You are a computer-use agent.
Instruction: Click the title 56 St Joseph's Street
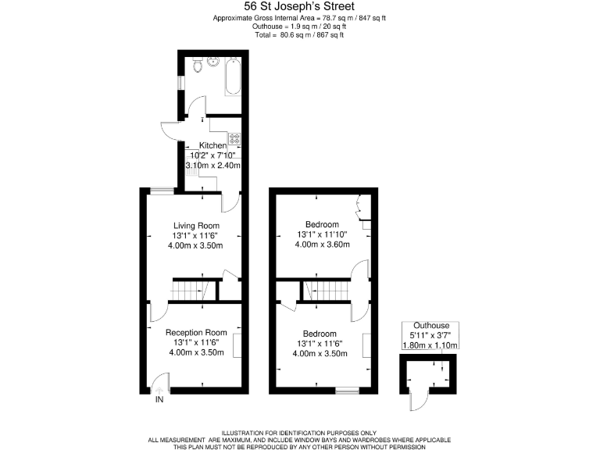point(299,6)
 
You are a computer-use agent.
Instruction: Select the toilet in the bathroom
point(198,67)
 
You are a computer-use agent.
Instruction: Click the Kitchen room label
point(212,146)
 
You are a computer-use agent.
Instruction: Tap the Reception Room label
point(195,332)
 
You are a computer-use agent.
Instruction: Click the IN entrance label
point(159,400)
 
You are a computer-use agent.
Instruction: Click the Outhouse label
point(430,326)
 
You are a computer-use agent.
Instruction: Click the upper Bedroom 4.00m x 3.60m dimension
point(322,245)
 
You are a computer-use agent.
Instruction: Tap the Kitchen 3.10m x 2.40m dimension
point(212,166)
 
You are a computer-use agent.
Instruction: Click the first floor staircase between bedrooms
point(322,291)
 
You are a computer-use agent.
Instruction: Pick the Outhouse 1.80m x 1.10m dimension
point(430,345)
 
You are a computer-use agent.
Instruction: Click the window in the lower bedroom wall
point(346,389)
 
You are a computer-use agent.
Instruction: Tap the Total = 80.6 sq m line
point(299,35)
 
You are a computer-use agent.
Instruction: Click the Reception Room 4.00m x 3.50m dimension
point(195,352)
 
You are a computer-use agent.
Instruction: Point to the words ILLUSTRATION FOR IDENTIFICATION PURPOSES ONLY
point(299,433)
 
